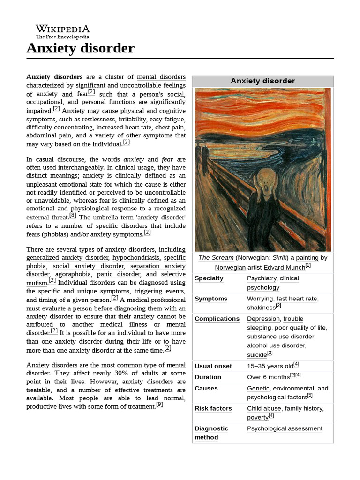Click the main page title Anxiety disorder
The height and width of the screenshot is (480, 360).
click(80, 48)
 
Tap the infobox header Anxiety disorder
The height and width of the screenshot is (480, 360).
click(262, 81)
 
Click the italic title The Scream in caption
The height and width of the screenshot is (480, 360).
click(216, 258)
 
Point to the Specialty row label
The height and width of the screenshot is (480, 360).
click(209, 278)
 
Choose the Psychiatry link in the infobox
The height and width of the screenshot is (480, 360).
click(261, 278)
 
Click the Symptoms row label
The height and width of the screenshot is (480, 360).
click(211, 299)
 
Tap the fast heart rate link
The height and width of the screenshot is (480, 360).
click(297, 299)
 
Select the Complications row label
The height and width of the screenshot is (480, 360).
click(217, 319)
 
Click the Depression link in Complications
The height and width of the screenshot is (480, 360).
click(263, 319)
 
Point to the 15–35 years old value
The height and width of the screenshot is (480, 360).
click(270, 366)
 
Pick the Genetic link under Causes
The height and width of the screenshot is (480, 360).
click(258, 388)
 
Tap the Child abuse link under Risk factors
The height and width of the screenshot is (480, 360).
click(264, 408)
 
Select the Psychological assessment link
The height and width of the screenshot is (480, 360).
click(285, 428)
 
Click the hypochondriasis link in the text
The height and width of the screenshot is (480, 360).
click(136, 258)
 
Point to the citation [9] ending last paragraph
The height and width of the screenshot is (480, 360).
click(159, 405)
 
